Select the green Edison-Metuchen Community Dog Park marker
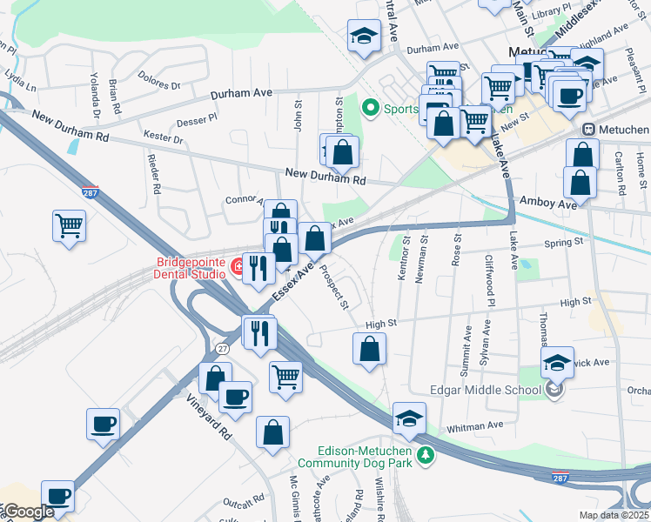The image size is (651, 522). tap(425, 456)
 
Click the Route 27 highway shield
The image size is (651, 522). tap(223, 348)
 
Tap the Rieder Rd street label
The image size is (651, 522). tap(157, 174)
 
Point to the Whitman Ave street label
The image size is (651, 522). tap(476, 425)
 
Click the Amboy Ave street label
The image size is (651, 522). tap(548, 203)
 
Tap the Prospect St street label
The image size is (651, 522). tap(336, 290)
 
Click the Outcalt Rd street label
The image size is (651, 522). tap(243, 501)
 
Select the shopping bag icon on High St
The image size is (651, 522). tap(370, 350)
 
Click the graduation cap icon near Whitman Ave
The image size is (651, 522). tap(409, 419)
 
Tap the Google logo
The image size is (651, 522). tap(28, 512)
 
